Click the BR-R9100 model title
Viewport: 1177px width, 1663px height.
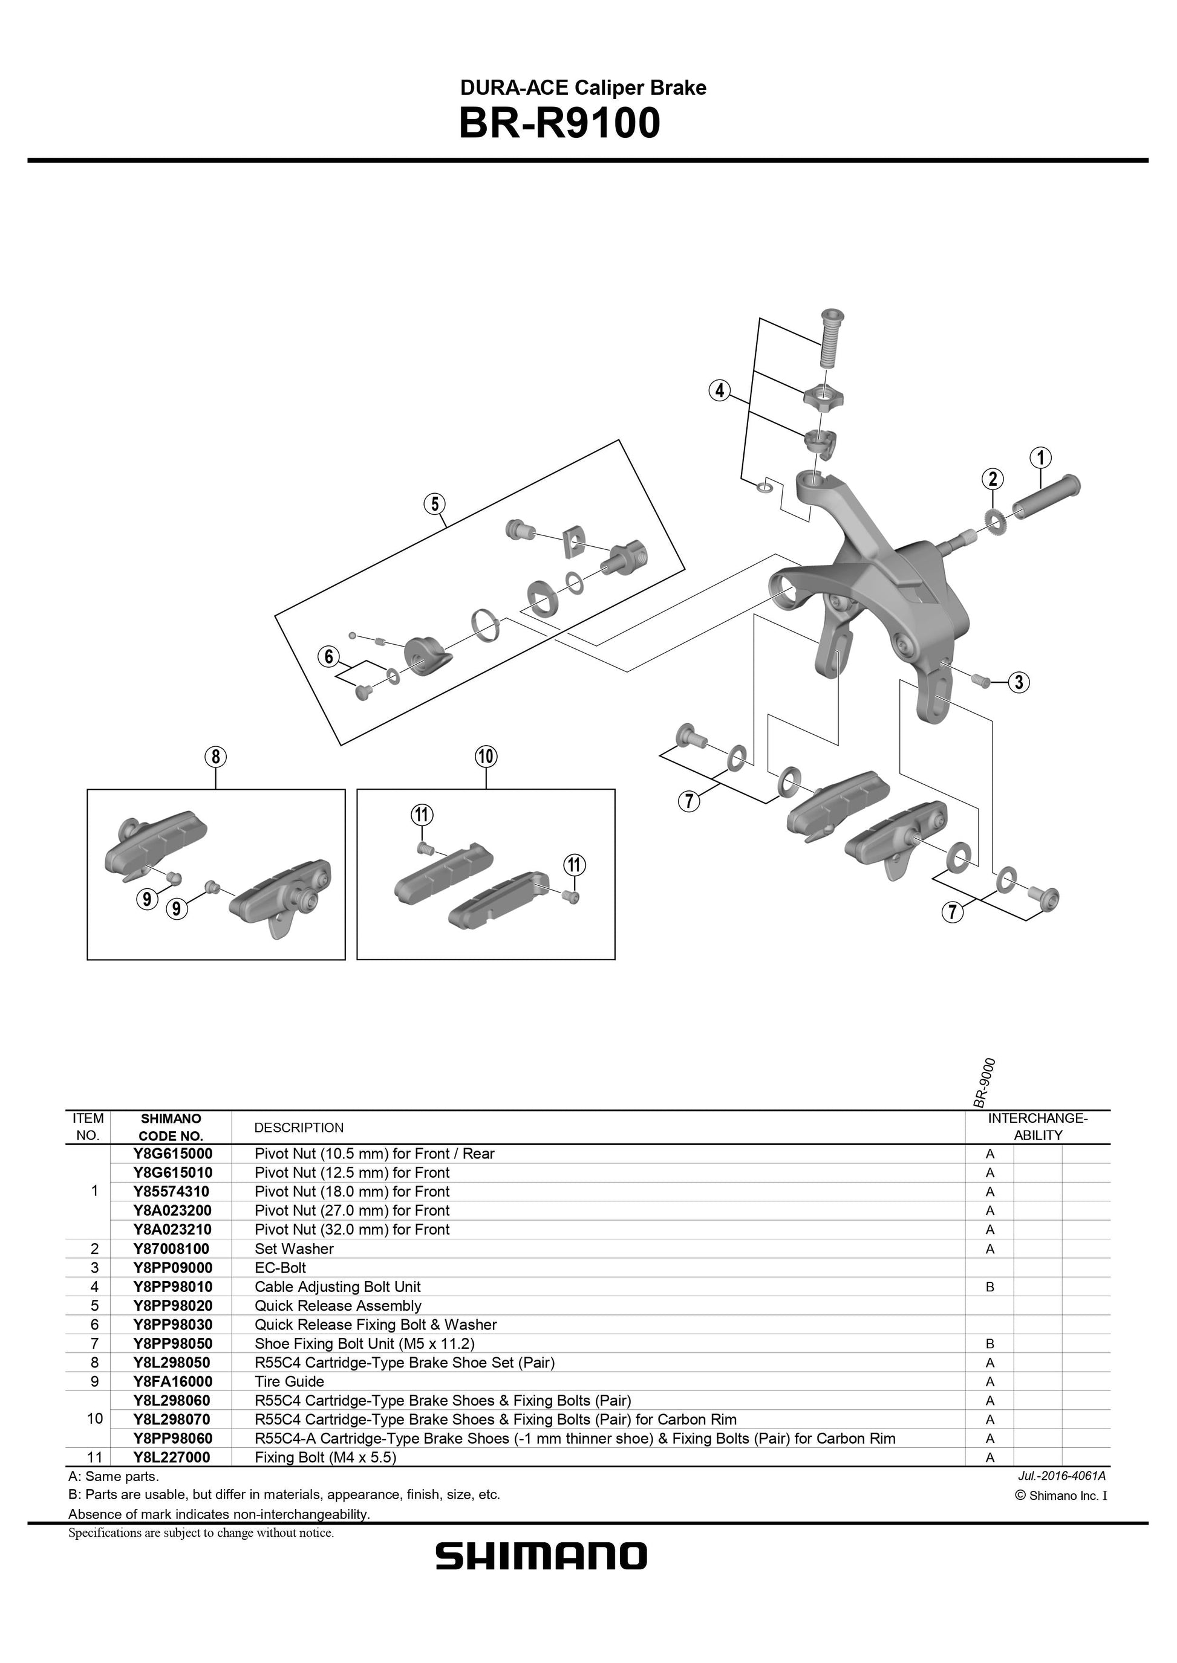pyautogui.click(x=559, y=123)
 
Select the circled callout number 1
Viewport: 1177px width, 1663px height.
pyautogui.click(x=1040, y=458)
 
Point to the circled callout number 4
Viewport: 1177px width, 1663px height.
pyautogui.click(x=719, y=391)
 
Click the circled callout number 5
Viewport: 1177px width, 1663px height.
pyautogui.click(x=434, y=504)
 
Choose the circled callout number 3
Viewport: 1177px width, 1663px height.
pyautogui.click(x=1019, y=682)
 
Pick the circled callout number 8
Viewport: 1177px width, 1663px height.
pyautogui.click(x=215, y=757)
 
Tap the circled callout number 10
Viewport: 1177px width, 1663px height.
pyautogui.click(x=486, y=757)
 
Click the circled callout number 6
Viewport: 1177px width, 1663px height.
pyautogui.click(x=329, y=657)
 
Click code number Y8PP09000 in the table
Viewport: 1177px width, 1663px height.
pyautogui.click(x=172, y=1268)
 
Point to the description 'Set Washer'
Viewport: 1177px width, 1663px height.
pyautogui.click(x=293, y=1248)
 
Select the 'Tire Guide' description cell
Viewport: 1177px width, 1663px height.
pyautogui.click(x=289, y=1381)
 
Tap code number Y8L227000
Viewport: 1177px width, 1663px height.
pyautogui.click(x=172, y=1458)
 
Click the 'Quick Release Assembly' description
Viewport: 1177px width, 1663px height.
pyautogui.click(x=337, y=1305)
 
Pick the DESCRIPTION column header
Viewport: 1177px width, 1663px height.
pyautogui.click(x=299, y=1128)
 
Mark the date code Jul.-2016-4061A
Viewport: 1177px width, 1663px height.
pyautogui.click(x=1061, y=1476)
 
